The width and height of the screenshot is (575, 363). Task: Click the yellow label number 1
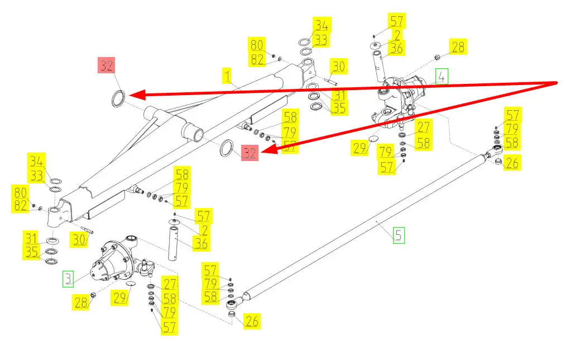pyautogui.click(x=227, y=74)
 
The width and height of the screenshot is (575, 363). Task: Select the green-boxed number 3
pyautogui.click(x=68, y=278)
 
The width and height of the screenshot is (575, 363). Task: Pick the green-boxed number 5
pyautogui.click(x=397, y=235)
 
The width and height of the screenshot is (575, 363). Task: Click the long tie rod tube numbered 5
pyautogui.click(x=363, y=227)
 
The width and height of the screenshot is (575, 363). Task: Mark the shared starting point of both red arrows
pyautogui.click(x=558, y=83)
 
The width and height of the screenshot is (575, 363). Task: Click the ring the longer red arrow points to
pyautogui.click(x=118, y=98)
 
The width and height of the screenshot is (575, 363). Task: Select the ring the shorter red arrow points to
pyautogui.click(x=227, y=148)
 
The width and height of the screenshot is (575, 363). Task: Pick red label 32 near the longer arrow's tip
pyautogui.click(x=107, y=65)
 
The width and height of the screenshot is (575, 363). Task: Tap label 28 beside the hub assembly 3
pyautogui.click(x=82, y=303)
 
